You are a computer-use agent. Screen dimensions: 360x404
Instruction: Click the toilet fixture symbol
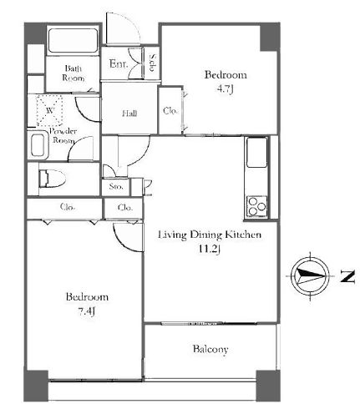coord(52,179)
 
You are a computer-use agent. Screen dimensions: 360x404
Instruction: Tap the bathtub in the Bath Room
coord(73,40)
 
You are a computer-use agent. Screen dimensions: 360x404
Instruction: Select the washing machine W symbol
coord(49,110)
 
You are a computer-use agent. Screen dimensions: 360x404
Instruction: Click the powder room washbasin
coord(38,145)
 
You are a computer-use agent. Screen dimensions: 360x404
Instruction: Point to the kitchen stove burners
coord(257,206)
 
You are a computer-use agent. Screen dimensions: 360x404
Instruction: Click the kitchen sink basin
coord(256,152)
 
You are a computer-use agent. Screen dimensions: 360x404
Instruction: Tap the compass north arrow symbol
coord(310,276)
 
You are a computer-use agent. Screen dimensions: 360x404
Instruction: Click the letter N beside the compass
coord(347,276)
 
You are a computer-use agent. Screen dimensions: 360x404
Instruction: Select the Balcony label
coord(210,349)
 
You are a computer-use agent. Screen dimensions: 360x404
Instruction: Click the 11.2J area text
coord(209,249)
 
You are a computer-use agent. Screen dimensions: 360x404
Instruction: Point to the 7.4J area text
coord(86,311)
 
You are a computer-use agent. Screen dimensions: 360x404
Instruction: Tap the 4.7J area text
coord(226,89)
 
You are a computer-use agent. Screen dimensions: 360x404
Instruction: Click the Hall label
coord(129,114)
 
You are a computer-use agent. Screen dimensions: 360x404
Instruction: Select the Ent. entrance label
coord(119,64)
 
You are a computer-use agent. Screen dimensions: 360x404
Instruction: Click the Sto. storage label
coord(116,186)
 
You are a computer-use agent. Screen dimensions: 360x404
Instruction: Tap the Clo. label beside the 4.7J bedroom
coord(170,111)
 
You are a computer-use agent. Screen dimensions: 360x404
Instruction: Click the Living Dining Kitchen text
coord(210,235)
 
